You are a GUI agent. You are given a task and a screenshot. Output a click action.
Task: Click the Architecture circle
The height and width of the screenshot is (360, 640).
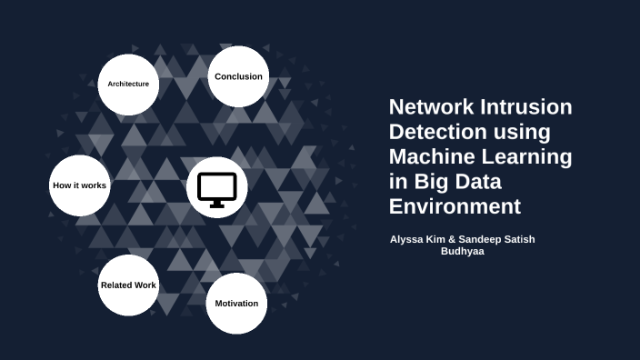point(128,85)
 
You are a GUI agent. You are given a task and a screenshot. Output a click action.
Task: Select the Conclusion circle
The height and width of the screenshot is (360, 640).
point(238,77)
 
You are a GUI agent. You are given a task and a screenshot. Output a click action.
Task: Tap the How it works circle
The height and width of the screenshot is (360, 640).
point(80,185)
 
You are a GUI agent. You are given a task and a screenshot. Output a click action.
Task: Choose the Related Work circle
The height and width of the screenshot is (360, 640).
point(128,285)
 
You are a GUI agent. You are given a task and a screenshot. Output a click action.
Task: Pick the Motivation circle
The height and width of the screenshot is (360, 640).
point(236,304)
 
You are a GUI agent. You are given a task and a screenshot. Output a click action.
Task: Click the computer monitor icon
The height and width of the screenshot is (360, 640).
point(217,189)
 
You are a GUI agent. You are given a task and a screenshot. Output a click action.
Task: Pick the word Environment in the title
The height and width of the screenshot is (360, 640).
point(455,205)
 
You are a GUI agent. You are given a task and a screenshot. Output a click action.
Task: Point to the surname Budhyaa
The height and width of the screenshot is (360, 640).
point(463,251)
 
